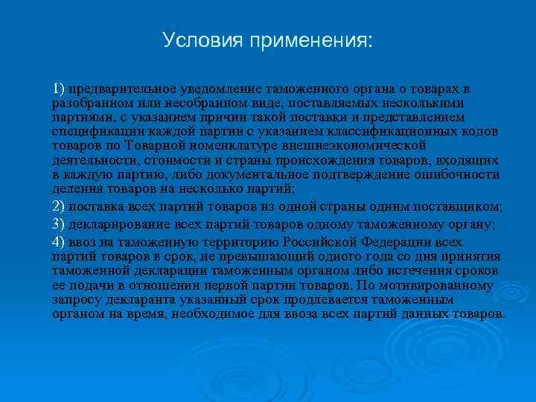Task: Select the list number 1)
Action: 60,89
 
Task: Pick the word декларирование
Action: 118,225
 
